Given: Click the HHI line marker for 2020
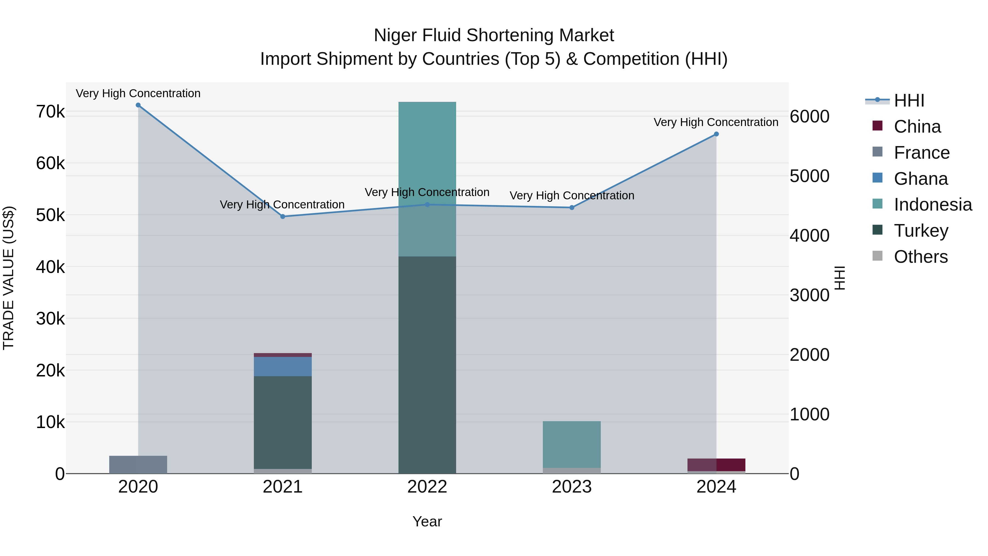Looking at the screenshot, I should coord(138,105).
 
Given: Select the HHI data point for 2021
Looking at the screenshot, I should coord(283,216).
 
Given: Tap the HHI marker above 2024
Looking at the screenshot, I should coord(716,134).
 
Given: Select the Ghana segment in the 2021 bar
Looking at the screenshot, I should coord(283,367).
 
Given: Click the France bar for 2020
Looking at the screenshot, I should coord(138,464).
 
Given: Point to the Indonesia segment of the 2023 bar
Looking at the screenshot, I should coord(571,444).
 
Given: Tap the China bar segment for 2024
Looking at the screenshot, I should coord(716,464).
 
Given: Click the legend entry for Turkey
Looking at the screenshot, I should coord(920,231).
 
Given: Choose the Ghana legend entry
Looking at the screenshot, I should coord(920,179).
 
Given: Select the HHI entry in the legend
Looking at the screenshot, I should coord(909,100).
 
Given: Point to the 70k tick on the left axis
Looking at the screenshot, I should coord(50,112).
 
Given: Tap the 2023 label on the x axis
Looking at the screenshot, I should coord(571,487).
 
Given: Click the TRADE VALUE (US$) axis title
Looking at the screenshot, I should coord(9,278).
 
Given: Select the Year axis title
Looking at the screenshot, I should coord(427,521).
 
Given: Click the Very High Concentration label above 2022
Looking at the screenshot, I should coord(427,192).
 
